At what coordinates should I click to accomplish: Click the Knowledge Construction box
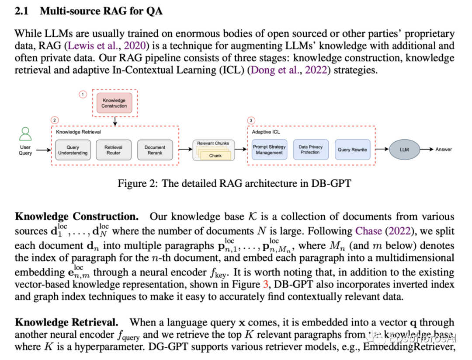pyautogui.click(x=114, y=103)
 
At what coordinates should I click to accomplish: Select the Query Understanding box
pyautogui.click(x=73, y=150)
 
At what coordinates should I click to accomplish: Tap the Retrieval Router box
pyautogui.click(x=114, y=150)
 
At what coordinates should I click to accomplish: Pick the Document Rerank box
pyautogui.click(x=155, y=150)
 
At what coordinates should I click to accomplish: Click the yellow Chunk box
pyautogui.click(x=215, y=155)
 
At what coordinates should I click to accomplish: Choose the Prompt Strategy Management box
pyautogui.click(x=269, y=150)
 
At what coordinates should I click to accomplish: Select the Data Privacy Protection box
pyautogui.click(x=311, y=150)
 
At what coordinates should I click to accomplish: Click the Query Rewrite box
pyautogui.click(x=352, y=150)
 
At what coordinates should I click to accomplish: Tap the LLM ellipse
pyautogui.click(x=404, y=150)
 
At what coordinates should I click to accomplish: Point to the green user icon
pyautogui.click(x=25, y=134)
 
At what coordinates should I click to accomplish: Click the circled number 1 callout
pyautogui.click(x=83, y=94)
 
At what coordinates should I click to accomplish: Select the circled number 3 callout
pyautogui.click(x=251, y=120)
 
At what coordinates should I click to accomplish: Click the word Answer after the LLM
pyautogui.click(x=444, y=149)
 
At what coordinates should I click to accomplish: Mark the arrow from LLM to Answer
pyautogui.click(x=427, y=150)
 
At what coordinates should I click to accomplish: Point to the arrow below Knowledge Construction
pyautogui.click(x=115, y=121)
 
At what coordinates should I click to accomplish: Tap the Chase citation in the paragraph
pyautogui.click(x=369, y=231)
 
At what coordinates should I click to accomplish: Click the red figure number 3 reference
pyautogui.click(x=266, y=284)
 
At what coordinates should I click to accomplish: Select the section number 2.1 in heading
pyautogui.click(x=21, y=11)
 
